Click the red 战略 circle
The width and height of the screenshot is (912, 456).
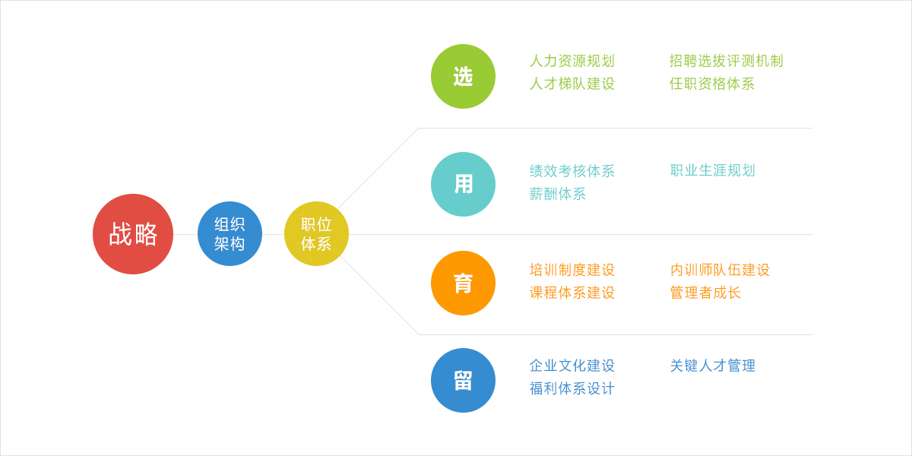133,234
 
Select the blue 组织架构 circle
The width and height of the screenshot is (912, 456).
230,234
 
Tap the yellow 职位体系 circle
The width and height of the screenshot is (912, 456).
316,234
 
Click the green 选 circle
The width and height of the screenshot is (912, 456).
464,77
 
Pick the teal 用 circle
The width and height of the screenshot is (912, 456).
464,184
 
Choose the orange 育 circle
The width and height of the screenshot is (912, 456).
464,283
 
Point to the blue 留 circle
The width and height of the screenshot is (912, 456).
464,380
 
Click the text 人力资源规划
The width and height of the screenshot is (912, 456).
572,61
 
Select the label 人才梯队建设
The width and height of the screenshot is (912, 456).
572,84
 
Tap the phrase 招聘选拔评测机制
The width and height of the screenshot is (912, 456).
727,61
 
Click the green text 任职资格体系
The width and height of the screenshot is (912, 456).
712,84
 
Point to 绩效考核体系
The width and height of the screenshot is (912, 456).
572,171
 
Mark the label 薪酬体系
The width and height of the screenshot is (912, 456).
558,194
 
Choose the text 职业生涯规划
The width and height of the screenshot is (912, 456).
713,170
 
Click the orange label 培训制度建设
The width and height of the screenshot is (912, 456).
572,270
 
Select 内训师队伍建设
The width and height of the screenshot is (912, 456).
720,270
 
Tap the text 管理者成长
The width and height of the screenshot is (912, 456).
705,293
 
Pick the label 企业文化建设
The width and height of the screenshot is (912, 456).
572,366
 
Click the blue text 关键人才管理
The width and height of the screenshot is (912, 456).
713,366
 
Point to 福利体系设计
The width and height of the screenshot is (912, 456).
572,388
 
